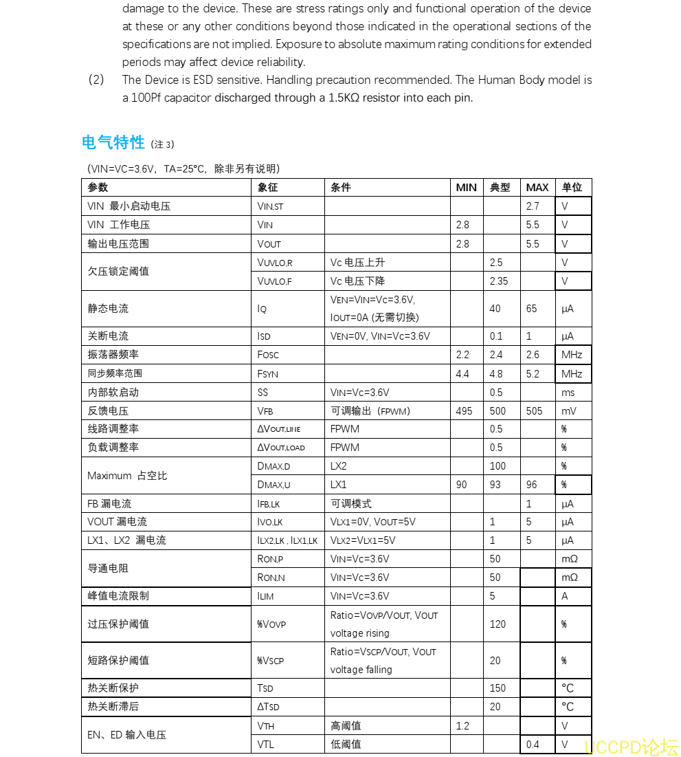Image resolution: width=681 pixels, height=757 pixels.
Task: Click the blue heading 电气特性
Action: tap(113, 142)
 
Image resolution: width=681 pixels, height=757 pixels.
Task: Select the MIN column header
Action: tap(466, 188)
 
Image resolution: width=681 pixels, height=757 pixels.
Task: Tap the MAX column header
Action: tap(537, 188)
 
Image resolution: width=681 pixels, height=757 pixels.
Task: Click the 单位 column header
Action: tap(572, 188)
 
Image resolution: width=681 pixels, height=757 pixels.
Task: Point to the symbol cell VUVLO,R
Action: tap(274, 263)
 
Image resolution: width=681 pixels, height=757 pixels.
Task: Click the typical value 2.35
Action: tap(499, 281)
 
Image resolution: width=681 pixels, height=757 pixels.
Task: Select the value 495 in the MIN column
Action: tap(464, 411)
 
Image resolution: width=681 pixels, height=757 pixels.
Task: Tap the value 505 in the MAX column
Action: tap(534, 411)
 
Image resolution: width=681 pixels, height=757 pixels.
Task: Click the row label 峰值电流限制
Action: tap(118, 596)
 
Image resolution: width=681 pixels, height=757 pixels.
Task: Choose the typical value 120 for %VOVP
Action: tap(498, 624)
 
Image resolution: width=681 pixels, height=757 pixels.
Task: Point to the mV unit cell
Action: tap(568, 411)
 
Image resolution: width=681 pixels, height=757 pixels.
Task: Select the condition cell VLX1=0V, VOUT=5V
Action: tap(372, 522)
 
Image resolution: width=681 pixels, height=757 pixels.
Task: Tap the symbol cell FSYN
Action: tap(268, 374)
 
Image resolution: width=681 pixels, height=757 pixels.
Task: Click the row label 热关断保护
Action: tap(113, 688)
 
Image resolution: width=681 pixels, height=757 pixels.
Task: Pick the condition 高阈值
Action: tap(346, 726)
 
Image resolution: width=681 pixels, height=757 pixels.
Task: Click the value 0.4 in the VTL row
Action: tap(533, 745)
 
